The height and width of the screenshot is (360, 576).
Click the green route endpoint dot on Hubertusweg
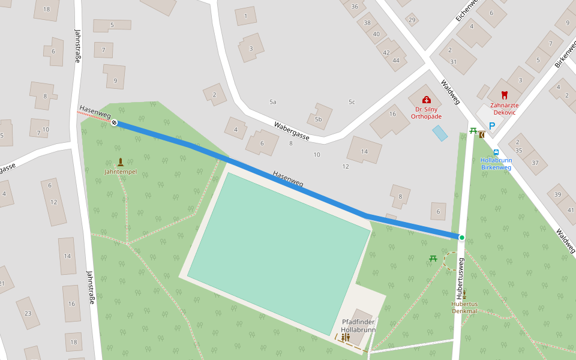461,238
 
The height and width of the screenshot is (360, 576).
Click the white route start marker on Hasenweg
114,122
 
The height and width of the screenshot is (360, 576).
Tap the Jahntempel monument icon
121,162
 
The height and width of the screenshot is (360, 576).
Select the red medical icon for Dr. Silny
426,100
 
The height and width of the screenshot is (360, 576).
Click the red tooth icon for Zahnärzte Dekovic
503,95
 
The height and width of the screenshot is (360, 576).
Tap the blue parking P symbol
492,126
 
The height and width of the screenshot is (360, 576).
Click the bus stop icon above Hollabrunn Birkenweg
496,152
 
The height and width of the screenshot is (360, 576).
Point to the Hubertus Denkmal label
464,307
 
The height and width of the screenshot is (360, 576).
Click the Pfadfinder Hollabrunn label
358,326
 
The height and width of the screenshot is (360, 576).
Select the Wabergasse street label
291,131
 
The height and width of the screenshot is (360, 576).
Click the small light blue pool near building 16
440,133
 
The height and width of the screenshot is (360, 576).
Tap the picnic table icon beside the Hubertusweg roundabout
433,259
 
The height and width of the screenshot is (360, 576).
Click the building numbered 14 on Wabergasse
364,151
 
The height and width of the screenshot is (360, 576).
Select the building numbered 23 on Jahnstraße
28,313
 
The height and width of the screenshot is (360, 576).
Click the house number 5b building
320,116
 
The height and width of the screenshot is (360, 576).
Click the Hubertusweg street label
461,279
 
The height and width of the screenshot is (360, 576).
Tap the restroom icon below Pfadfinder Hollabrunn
345,337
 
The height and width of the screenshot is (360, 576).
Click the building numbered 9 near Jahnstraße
114,76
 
